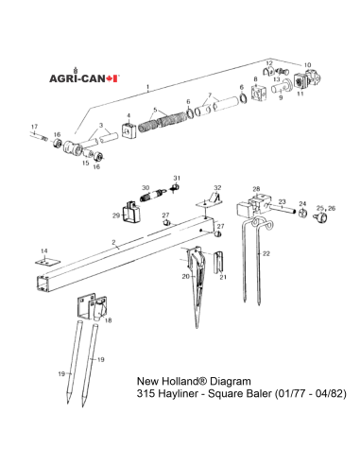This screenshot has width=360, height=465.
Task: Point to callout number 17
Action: click(x=35, y=126)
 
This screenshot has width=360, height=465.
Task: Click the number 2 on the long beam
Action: click(x=114, y=244)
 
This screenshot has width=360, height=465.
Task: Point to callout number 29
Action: click(x=115, y=215)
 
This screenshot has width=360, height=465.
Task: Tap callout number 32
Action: click(x=217, y=188)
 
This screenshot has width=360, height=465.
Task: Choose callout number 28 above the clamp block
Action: click(x=255, y=190)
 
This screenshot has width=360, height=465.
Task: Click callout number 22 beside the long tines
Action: click(x=266, y=254)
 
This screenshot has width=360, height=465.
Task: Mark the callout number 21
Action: click(x=224, y=277)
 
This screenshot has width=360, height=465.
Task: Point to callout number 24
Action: click(x=302, y=203)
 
